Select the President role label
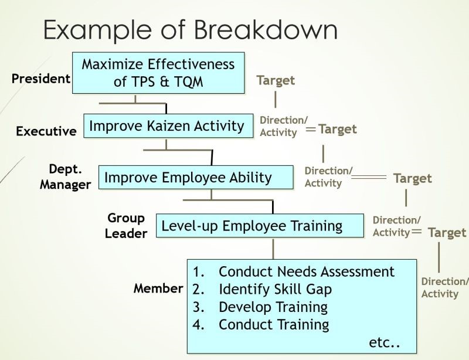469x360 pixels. (41, 79)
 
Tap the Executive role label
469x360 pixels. (46, 131)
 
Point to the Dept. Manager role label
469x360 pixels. (65, 177)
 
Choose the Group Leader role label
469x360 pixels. (126, 226)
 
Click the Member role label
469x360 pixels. (158, 288)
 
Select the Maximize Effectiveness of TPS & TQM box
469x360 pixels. (158, 73)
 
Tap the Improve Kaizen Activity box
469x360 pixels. (168, 125)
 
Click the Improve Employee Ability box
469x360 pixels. (196, 177)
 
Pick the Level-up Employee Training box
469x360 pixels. (260, 226)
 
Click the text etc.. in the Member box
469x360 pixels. (385, 342)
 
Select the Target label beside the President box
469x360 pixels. (276, 80)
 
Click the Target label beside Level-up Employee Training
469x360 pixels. (447, 233)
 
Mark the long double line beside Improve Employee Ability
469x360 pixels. (369, 177)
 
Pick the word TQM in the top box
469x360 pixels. (189, 81)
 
